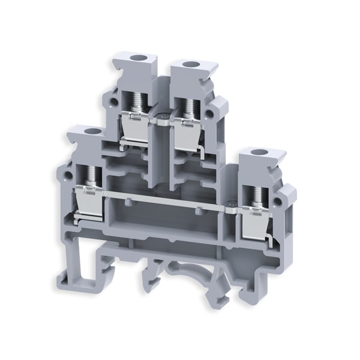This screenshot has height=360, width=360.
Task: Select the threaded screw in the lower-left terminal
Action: pyautogui.click(x=92, y=174)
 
